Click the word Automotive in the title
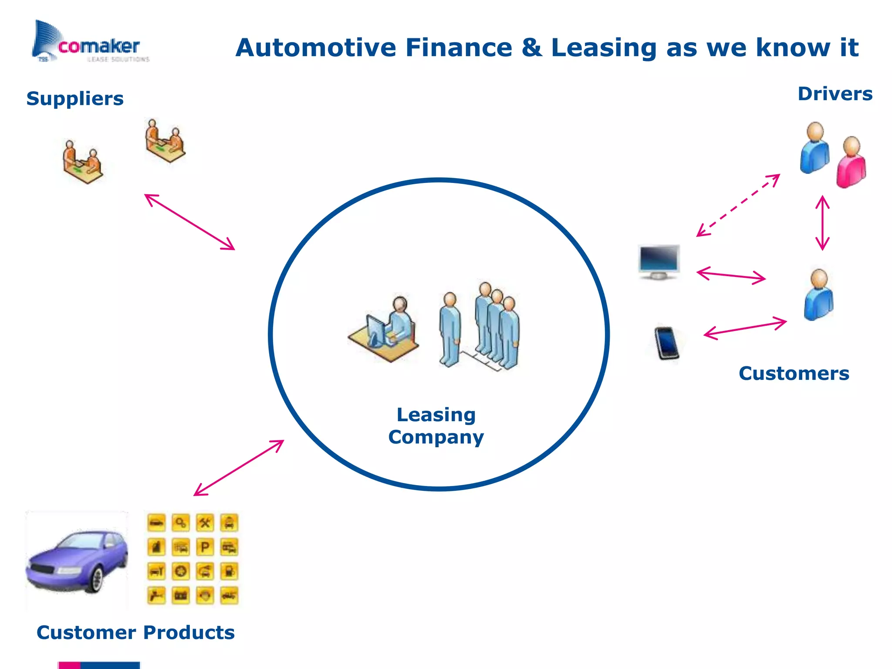315,47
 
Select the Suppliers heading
75,98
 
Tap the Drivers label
835,94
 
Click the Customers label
794,374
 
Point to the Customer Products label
135,632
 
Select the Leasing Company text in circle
436,426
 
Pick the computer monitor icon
659,261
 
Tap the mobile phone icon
666,343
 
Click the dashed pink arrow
738,205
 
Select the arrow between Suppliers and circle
189,222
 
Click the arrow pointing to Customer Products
239,468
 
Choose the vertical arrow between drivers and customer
822,223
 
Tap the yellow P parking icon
205,547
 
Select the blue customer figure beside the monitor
818,295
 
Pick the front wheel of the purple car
97,579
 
